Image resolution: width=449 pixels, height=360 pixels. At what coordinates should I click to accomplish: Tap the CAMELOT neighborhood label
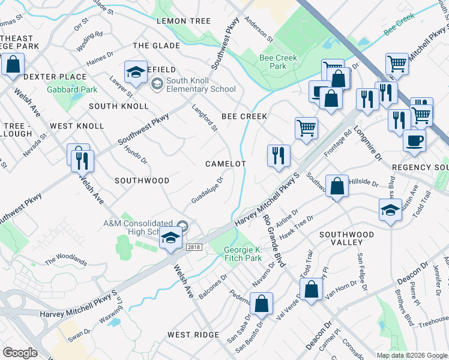pyautogui.click(x=226, y=164)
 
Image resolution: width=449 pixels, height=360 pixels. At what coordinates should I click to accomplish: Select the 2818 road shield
pyautogui.click(x=193, y=247)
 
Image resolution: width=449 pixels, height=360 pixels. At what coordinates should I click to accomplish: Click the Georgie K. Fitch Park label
pyautogui.click(x=243, y=254)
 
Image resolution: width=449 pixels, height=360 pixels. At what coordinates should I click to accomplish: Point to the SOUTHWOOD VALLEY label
pyautogui.click(x=347, y=238)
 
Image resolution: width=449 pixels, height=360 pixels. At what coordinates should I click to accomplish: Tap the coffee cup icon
pyautogui.click(x=414, y=142)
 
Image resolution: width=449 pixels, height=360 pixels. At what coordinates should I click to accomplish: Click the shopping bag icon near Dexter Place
pyautogui.click(x=13, y=64)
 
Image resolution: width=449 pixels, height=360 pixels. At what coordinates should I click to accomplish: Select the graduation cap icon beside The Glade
pyautogui.click(x=136, y=73)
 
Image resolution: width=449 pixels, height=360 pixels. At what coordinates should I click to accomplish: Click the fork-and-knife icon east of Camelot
pyautogui.click(x=278, y=156)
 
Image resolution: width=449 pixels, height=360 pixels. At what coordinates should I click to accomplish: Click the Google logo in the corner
pyautogui.click(x=20, y=353)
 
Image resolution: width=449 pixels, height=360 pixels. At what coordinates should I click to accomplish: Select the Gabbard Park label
pyautogui.click(x=72, y=90)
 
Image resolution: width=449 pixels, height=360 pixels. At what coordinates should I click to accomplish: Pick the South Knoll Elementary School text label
pyautogui.click(x=193, y=85)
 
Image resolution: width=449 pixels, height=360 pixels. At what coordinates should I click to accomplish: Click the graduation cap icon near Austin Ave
pyautogui.click(x=390, y=211)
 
